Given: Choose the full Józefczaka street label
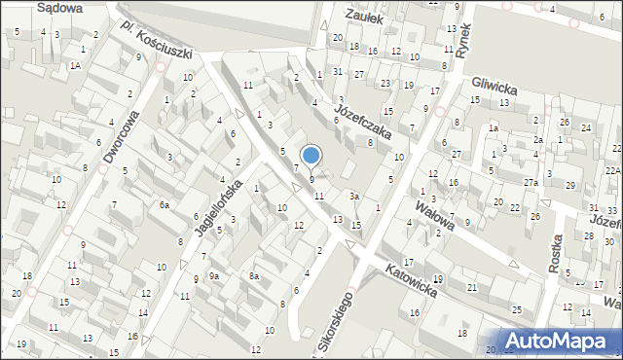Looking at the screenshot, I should (361, 122).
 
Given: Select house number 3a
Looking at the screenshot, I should (356, 197).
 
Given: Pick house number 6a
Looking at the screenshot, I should (165, 205).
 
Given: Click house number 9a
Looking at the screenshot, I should (213, 276).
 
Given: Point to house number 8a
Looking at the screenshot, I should (253, 276).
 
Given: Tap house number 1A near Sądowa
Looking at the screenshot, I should (75, 65).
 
